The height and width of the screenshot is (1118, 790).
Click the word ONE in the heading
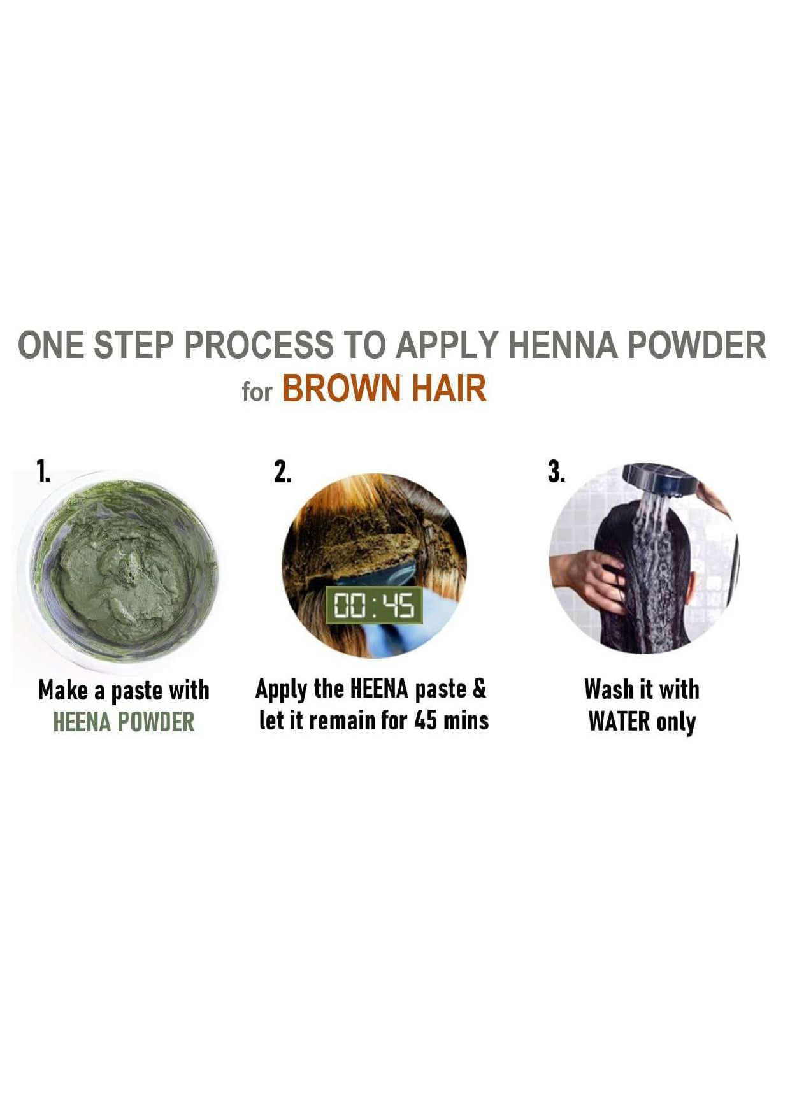(51, 345)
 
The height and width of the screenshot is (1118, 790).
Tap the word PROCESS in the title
(259, 345)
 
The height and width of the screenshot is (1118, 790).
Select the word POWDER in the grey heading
(696, 345)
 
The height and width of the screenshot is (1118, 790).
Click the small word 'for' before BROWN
(257, 391)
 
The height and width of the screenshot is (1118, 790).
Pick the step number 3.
(556, 472)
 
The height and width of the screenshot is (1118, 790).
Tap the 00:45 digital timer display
(374, 605)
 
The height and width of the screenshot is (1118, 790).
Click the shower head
(659, 480)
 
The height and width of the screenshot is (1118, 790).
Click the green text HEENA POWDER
(124, 722)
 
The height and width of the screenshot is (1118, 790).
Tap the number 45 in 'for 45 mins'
(426, 720)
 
